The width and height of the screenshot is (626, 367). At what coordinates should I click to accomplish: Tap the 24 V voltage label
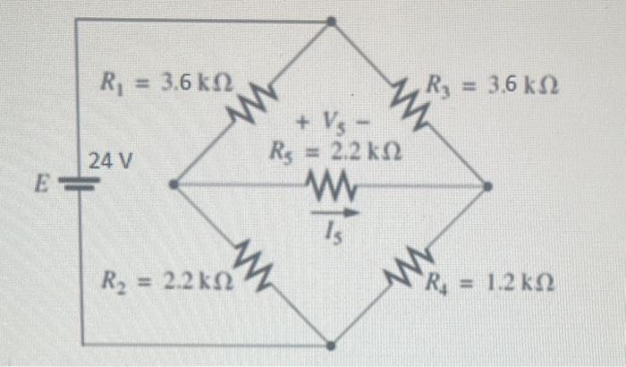[110, 162]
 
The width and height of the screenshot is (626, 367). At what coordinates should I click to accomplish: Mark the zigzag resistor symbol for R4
[410, 264]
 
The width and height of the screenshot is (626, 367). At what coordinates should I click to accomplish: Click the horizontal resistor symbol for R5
[333, 186]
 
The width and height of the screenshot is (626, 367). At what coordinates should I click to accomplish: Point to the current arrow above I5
[334, 213]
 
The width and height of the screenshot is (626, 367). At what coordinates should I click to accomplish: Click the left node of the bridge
[173, 185]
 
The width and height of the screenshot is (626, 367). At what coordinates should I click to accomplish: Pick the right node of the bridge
[487, 186]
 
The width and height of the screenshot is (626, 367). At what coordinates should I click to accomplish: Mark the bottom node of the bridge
[331, 344]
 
